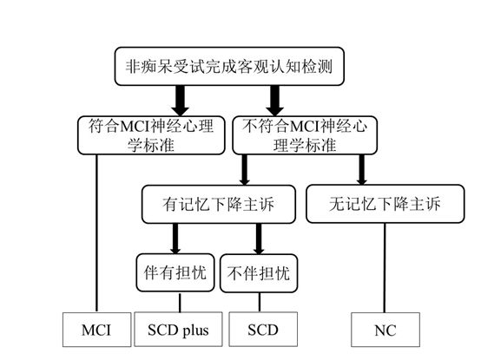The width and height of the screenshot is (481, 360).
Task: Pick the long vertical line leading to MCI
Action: click(x=94, y=234)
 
